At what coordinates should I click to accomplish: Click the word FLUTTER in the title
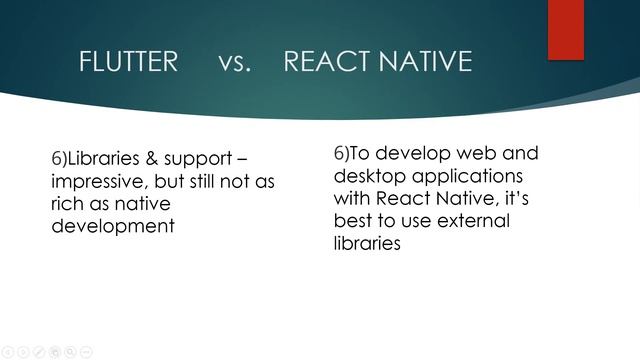pyautogui.click(x=128, y=62)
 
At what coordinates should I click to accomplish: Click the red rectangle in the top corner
pyautogui.click(x=565, y=29)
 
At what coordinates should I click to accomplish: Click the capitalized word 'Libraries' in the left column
pyautogui.click(x=106, y=160)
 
